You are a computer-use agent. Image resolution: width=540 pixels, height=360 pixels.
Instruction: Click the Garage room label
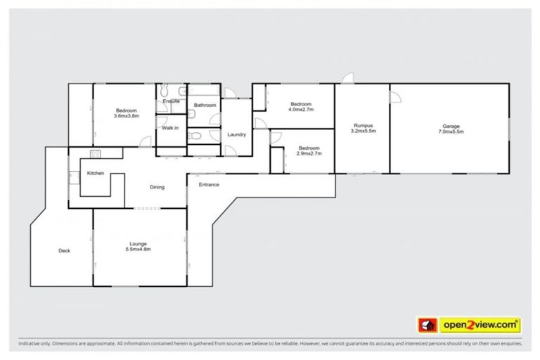point(451,126)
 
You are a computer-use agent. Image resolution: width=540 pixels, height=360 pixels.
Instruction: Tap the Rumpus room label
point(363,126)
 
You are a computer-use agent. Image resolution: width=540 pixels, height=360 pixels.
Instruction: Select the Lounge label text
point(137,244)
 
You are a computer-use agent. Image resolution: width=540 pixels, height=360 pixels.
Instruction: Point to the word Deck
point(64,250)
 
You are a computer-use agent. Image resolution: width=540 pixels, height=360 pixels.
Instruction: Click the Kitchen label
point(96,173)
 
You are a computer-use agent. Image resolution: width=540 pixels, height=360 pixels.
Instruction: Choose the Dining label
point(157,187)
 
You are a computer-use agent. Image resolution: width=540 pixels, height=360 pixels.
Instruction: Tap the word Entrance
point(209,185)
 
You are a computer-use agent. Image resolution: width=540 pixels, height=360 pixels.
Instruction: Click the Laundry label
point(236,134)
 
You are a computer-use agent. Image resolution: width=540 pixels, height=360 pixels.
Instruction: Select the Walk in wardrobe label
point(170,128)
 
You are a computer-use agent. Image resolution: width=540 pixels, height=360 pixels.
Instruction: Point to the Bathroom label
point(205,105)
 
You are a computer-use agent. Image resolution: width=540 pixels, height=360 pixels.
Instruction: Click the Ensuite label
point(171,101)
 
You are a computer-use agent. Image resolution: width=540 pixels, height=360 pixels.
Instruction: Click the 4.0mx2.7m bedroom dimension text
point(301,110)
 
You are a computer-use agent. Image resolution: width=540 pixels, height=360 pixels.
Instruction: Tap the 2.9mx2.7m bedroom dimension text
point(309,153)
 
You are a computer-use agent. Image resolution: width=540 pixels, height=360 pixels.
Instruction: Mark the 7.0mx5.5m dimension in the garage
point(451,131)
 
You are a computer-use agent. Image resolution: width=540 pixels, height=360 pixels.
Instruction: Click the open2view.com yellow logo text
point(480,325)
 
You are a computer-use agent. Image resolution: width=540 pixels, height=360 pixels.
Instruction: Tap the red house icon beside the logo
point(427,325)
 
